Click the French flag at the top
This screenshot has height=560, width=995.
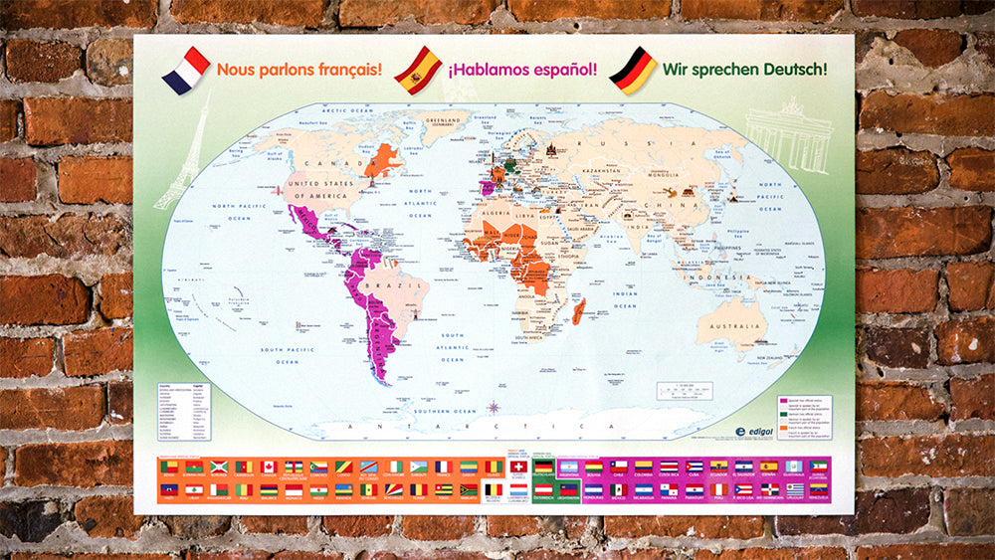pyautogui.click(x=186, y=70)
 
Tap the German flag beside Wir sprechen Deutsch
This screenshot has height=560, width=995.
pyautogui.click(x=633, y=71)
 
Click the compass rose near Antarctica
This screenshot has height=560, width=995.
pyautogui.click(x=495, y=406)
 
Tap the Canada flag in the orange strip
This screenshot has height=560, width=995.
pyautogui.click(x=268, y=467)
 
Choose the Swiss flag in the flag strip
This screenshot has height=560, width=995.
pyautogui.click(x=518, y=467)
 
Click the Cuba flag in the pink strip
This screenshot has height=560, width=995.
pyautogui.click(x=694, y=467)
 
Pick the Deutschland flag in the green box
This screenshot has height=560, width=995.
pyautogui.click(x=543, y=467)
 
